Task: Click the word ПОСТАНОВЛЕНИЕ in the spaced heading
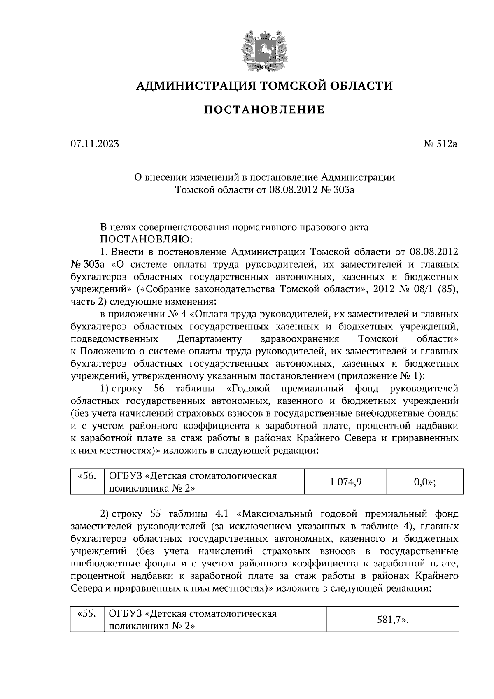pyautogui.click(x=264, y=110)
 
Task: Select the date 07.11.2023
pyautogui.click(x=95, y=144)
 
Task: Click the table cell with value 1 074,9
pyautogui.click(x=345, y=481)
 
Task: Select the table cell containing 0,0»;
pyautogui.click(x=424, y=481)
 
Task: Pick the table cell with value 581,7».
pyautogui.click(x=393, y=619)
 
